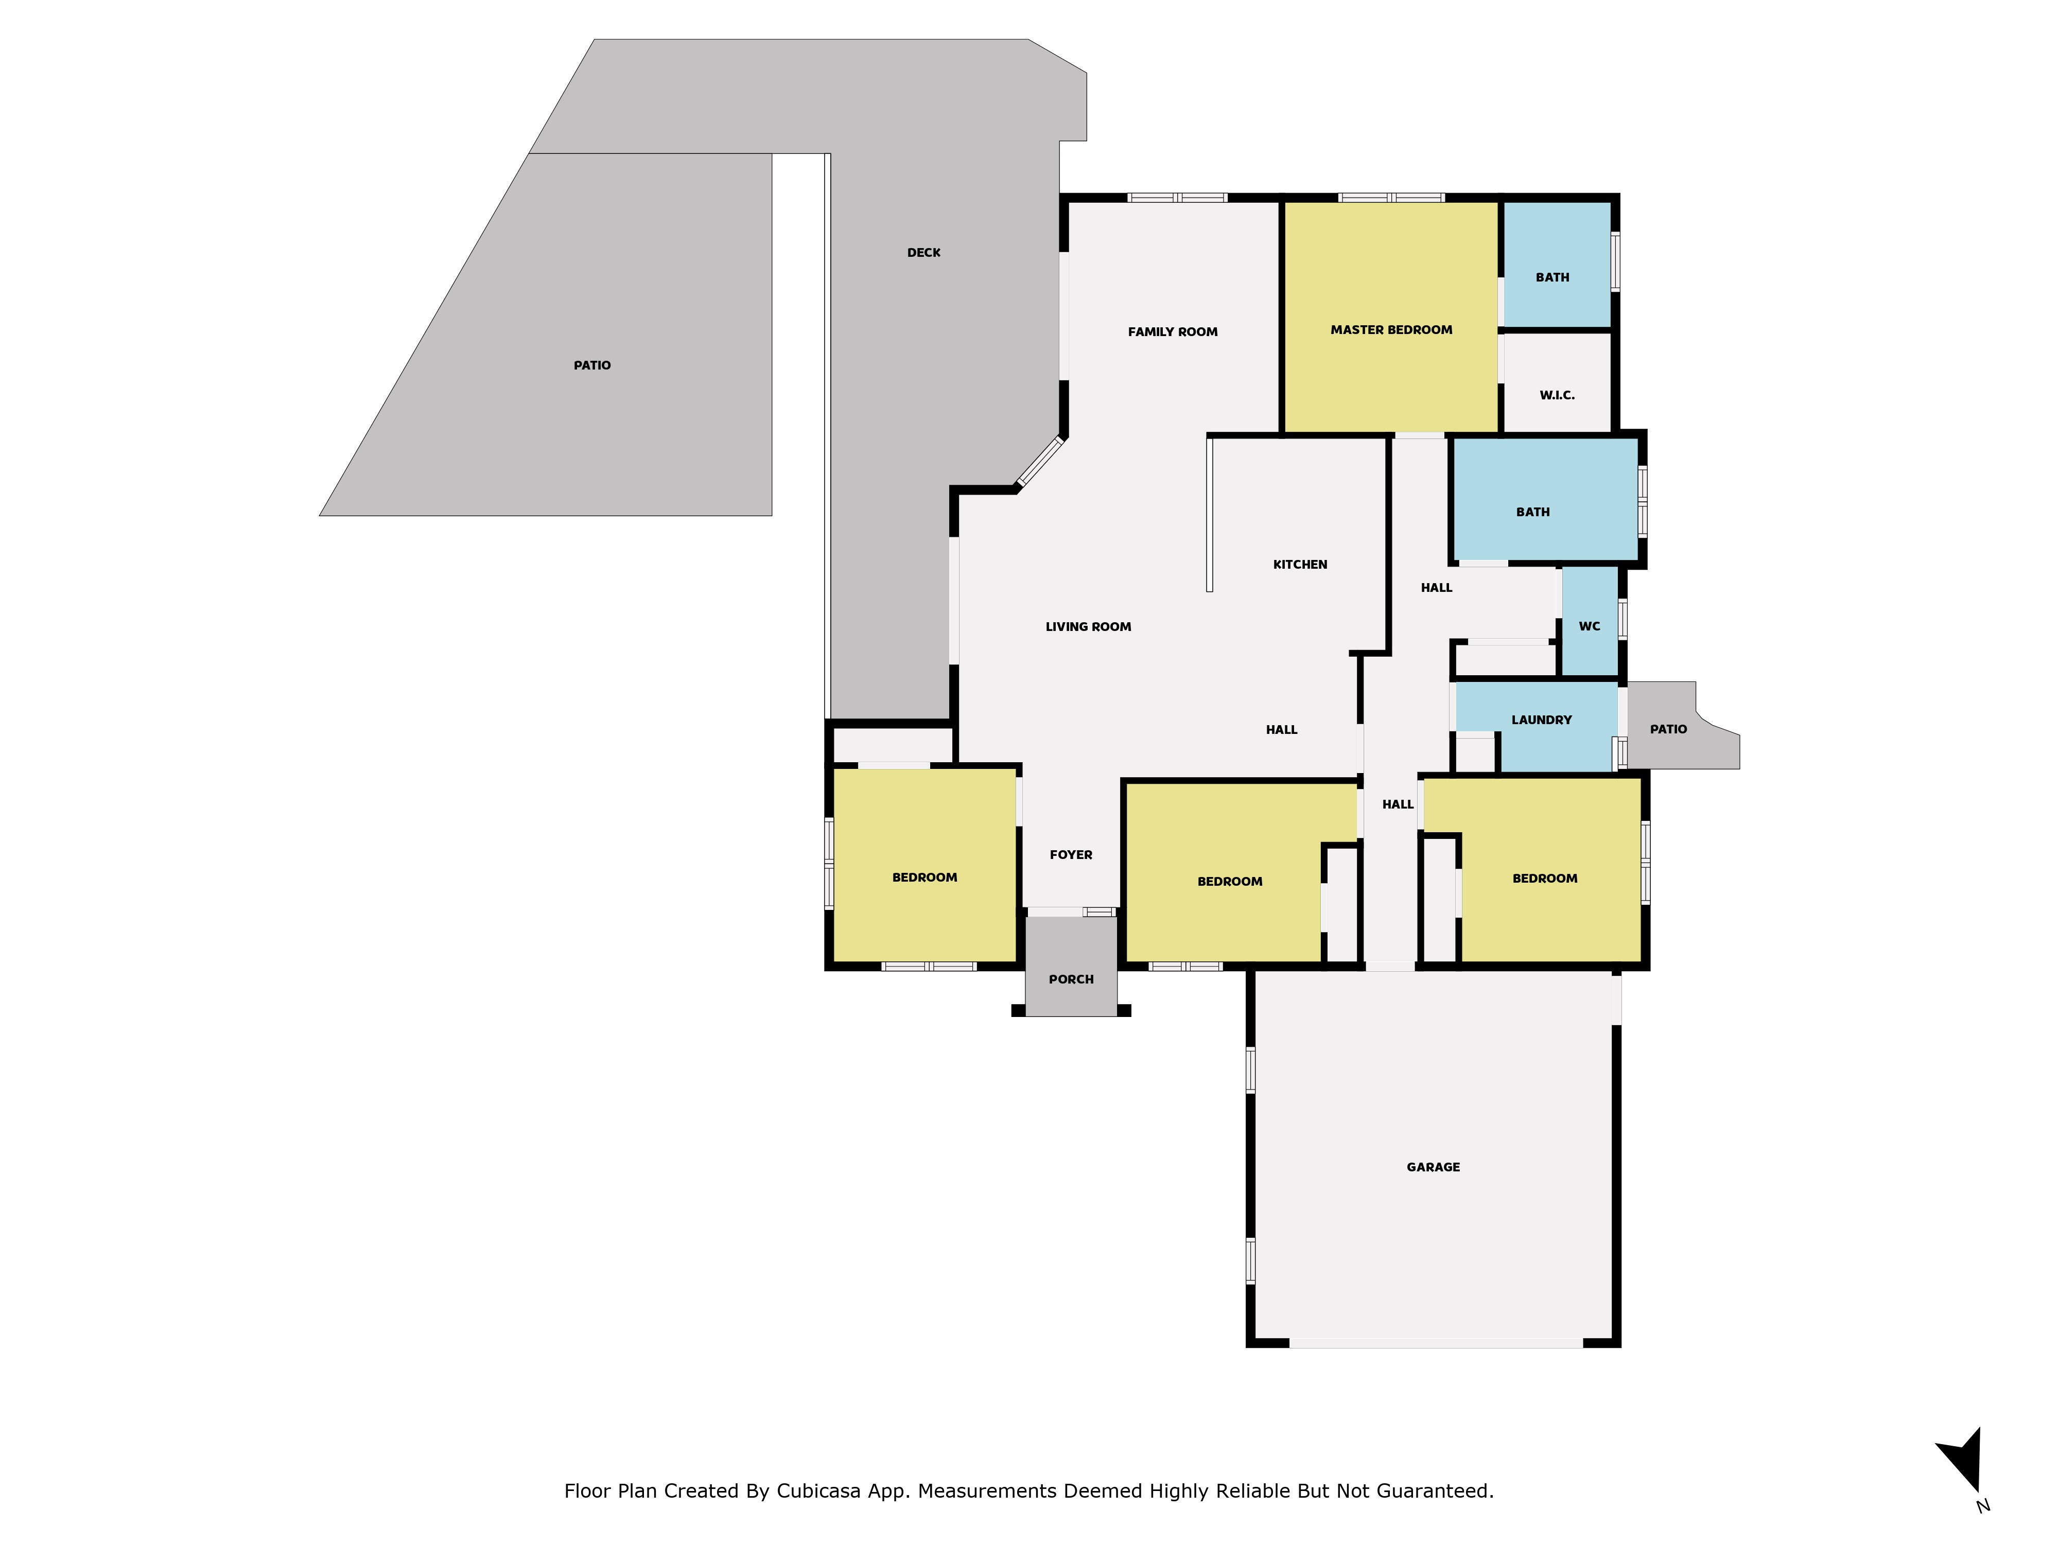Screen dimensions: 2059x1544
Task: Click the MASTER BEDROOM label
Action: point(1391,329)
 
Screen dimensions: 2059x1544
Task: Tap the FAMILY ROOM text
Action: point(1172,331)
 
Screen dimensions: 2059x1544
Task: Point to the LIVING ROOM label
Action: point(1088,626)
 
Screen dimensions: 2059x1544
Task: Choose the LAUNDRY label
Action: point(1542,720)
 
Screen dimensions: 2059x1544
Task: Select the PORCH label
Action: point(1071,979)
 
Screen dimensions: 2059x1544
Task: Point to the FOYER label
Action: point(1071,854)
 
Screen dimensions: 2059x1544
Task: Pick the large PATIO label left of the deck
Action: point(592,365)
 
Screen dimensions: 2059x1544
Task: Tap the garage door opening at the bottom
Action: point(1435,1343)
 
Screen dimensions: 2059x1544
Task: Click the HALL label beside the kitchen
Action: point(1436,587)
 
